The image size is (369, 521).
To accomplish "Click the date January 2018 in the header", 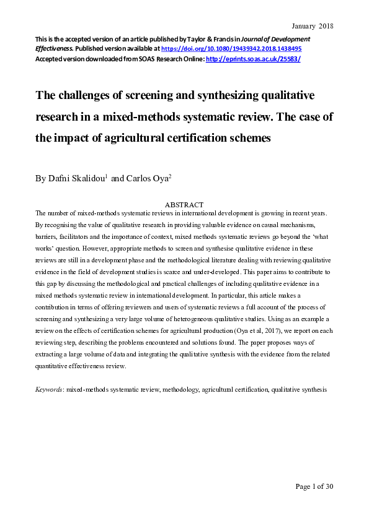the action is [313, 26].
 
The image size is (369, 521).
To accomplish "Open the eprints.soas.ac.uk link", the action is [254, 58].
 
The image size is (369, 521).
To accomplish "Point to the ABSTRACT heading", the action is [184, 205].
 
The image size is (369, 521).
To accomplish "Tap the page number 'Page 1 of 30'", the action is [314, 486].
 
